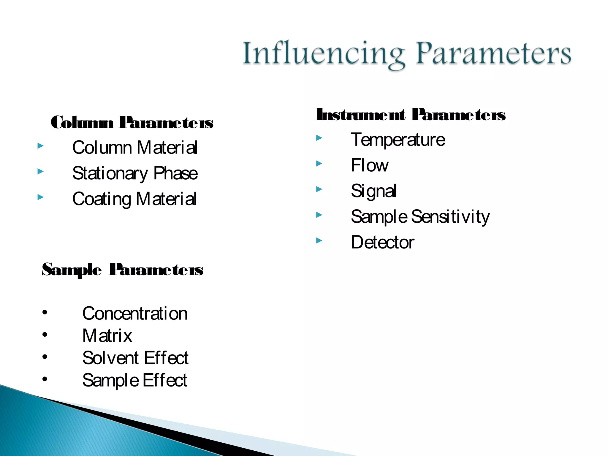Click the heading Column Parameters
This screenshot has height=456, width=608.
click(x=132, y=122)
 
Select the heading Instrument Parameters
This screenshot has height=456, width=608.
click(x=411, y=115)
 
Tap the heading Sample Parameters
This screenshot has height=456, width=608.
click(x=122, y=270)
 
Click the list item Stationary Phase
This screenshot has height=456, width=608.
click(x=135, y=173)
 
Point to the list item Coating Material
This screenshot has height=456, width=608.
click(x=134, y=199)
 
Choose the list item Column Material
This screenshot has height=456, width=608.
click(x=135, y=148)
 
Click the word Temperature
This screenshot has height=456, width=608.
click(x=398, y=140)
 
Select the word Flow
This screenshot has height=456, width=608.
click(x=369, y=165)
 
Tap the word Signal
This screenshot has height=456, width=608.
click(x=373, y=191)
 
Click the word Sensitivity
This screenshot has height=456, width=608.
click(x=450, y=217)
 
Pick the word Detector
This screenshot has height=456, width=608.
click(x=382, y=242)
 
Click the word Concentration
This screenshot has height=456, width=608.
click(x=135, y=313)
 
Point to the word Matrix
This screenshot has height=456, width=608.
click(x=107, y=336)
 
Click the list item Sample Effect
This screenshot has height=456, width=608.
click(x=135, y=380)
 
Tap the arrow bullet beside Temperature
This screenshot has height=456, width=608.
click(x=319, y=138)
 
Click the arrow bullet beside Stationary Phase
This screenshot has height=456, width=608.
click(x=41, y=171)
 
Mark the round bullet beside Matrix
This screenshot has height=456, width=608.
click(x=45, y=335)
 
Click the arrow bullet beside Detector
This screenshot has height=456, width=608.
click(x=319, y=240)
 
